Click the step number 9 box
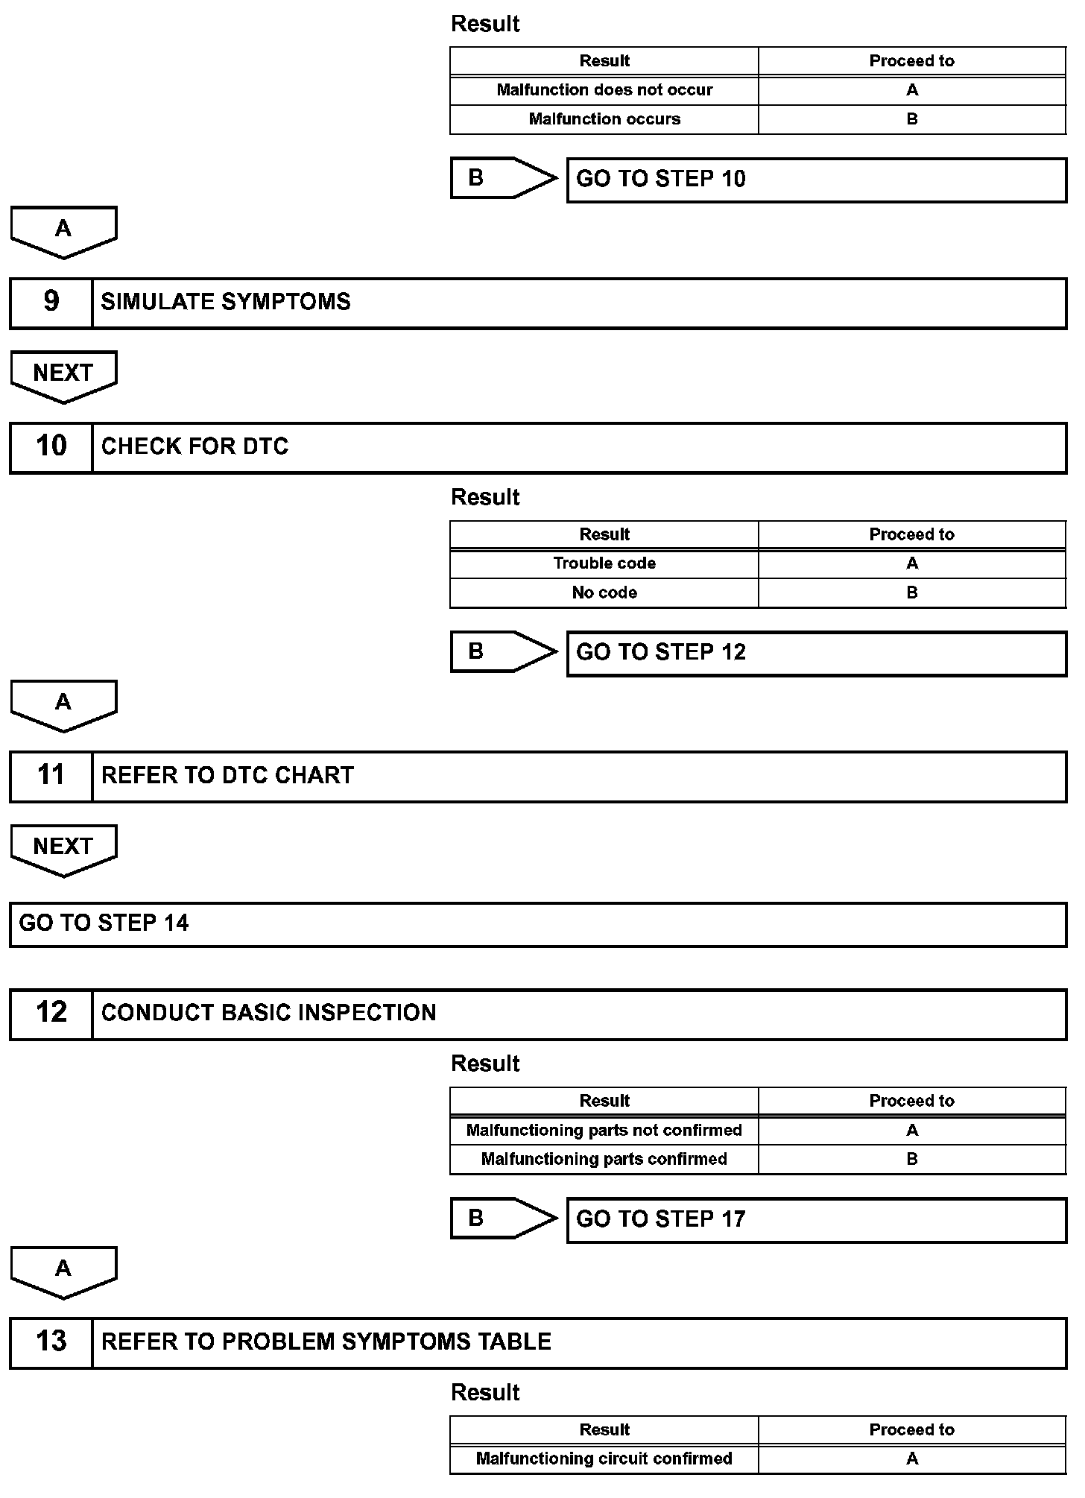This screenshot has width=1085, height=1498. pos(51,303)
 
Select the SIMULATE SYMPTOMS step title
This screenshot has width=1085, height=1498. pos(226,302)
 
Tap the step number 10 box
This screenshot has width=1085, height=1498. pos(51,447)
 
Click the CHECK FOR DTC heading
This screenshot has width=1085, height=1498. pos(195,446)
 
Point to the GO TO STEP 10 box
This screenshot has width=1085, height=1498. pos(816,180)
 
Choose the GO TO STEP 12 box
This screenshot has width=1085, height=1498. pos(816,654)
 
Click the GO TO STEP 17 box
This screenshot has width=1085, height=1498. pos(816,1220)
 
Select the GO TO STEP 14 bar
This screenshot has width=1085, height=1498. pos(538,924)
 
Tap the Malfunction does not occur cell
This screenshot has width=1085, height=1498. pos(604,90)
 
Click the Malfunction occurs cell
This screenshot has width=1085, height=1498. pos(604,119)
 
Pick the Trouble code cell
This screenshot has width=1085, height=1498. pos(604,563)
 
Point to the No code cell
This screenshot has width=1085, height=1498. pos(604,593)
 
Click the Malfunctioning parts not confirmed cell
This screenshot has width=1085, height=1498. pos(604,1131)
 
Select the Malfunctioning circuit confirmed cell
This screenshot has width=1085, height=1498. pos(604,1459)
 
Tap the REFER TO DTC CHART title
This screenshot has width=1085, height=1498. pos(227,776)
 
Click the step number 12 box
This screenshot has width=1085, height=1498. pos(51,1014)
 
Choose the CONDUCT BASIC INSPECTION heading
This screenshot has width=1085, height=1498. pos(268,1013)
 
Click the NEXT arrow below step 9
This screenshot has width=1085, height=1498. pos(63,375)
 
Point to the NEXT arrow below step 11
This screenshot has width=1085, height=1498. pos(63,849)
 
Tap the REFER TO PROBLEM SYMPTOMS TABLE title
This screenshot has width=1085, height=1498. pos(326,1342)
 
